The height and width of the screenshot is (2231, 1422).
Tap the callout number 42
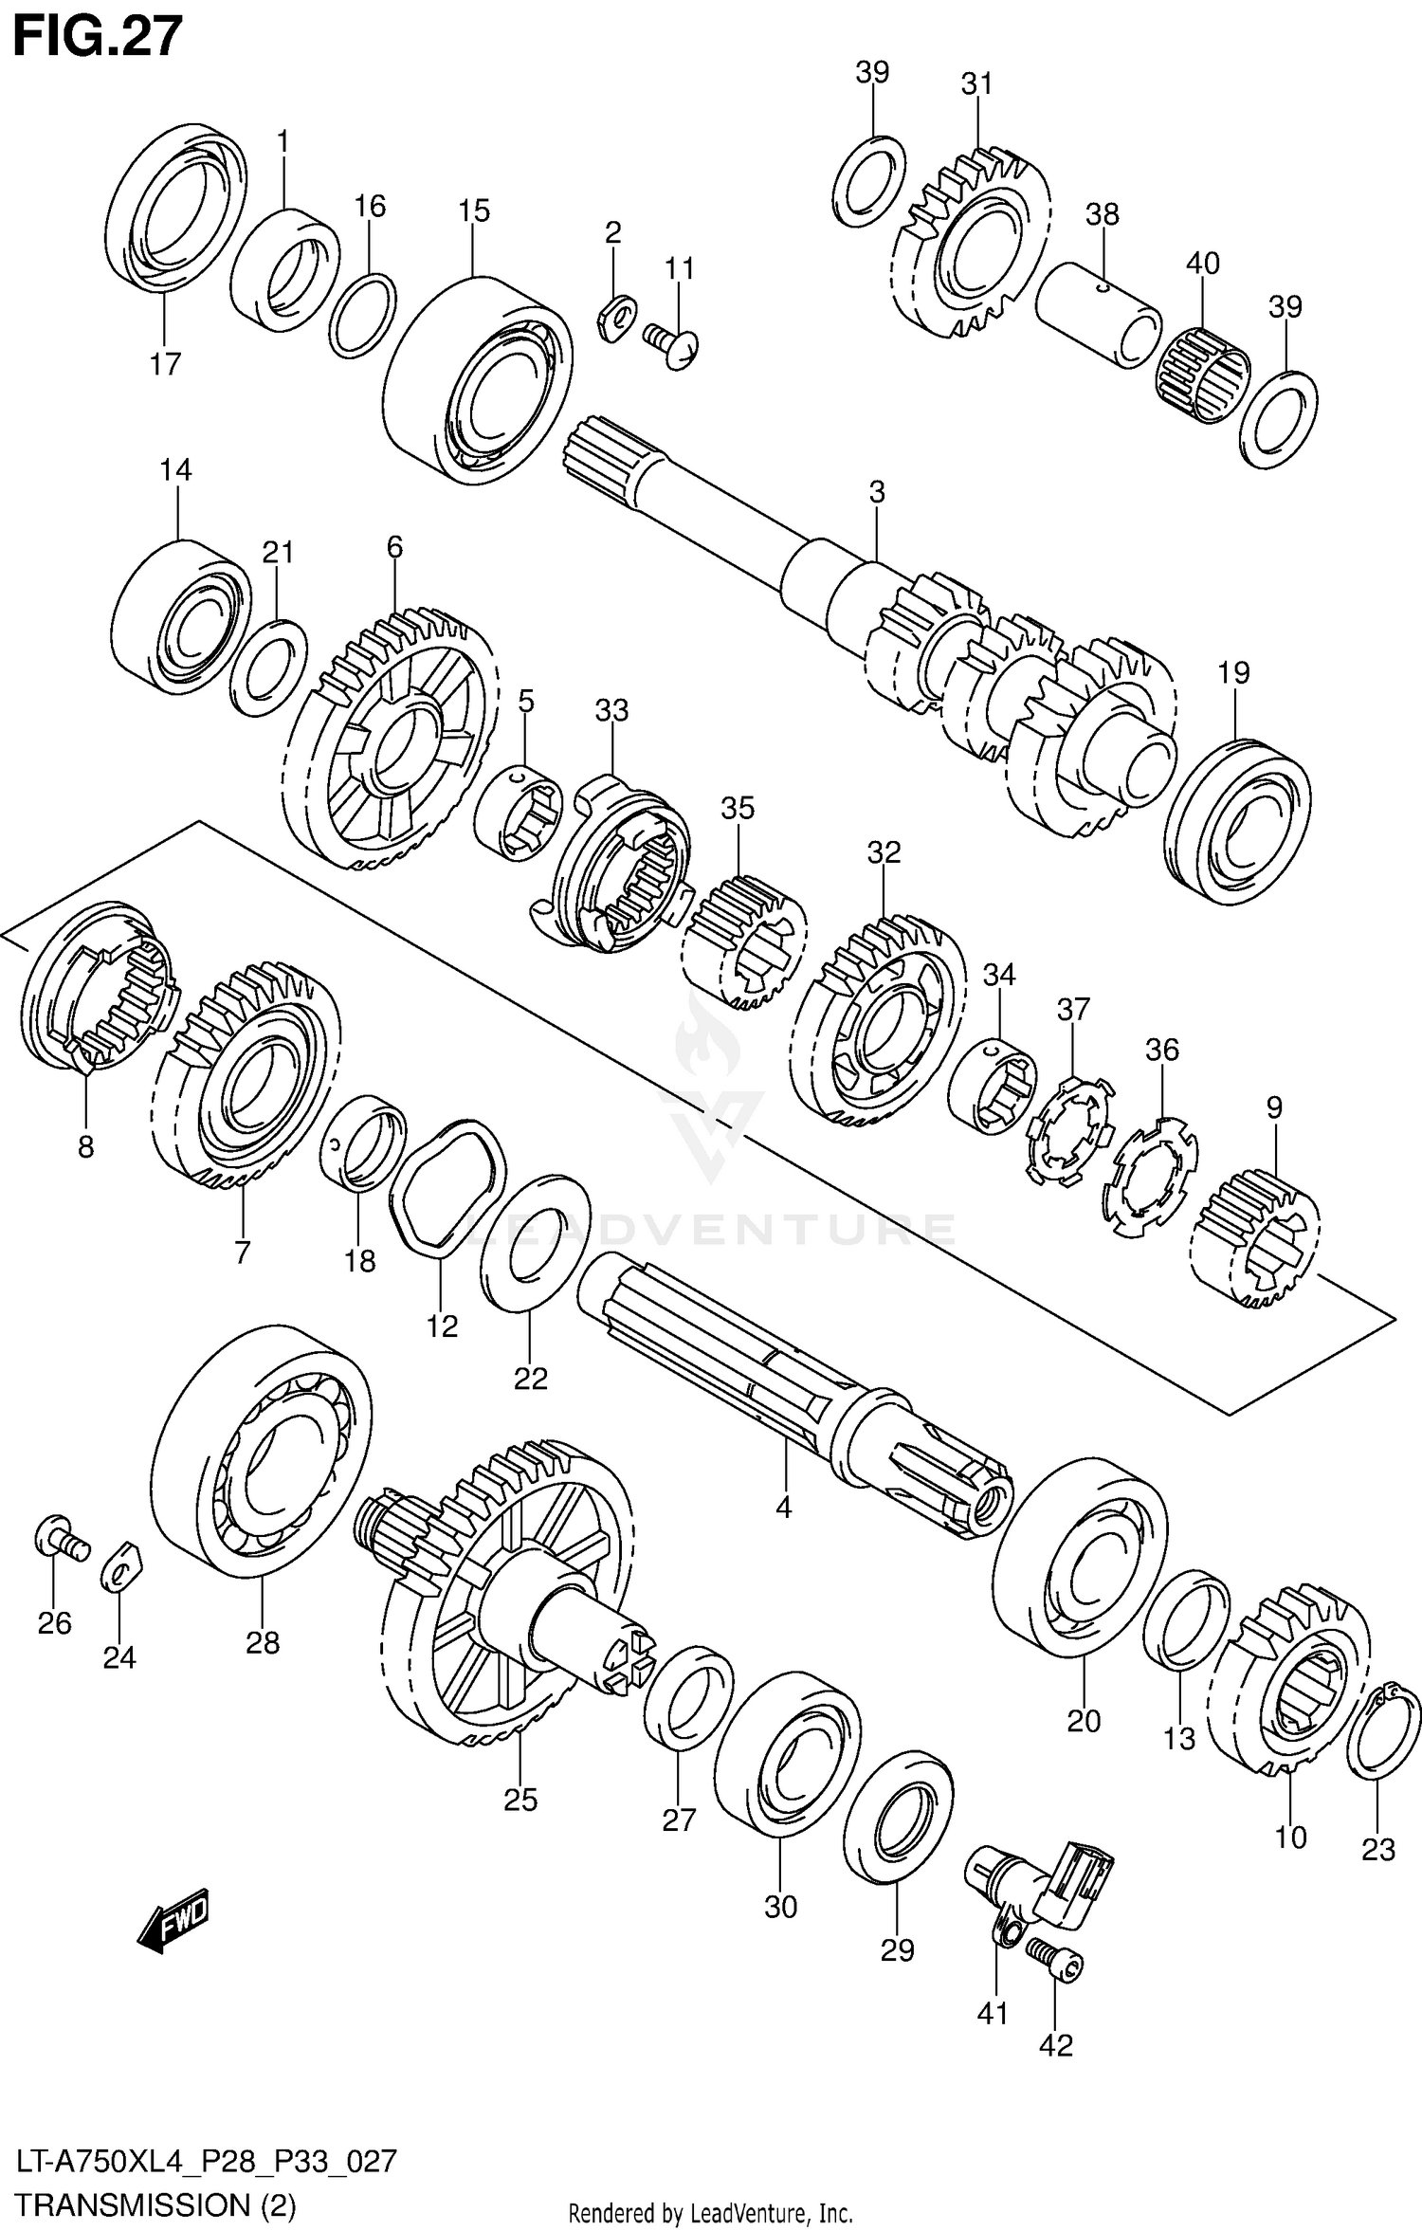[1055, 2045]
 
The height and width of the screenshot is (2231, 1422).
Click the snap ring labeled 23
[1383, 1734]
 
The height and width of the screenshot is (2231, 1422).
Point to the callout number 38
[1103, 214]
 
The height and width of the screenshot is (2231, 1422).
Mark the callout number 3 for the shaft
[877, 492]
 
